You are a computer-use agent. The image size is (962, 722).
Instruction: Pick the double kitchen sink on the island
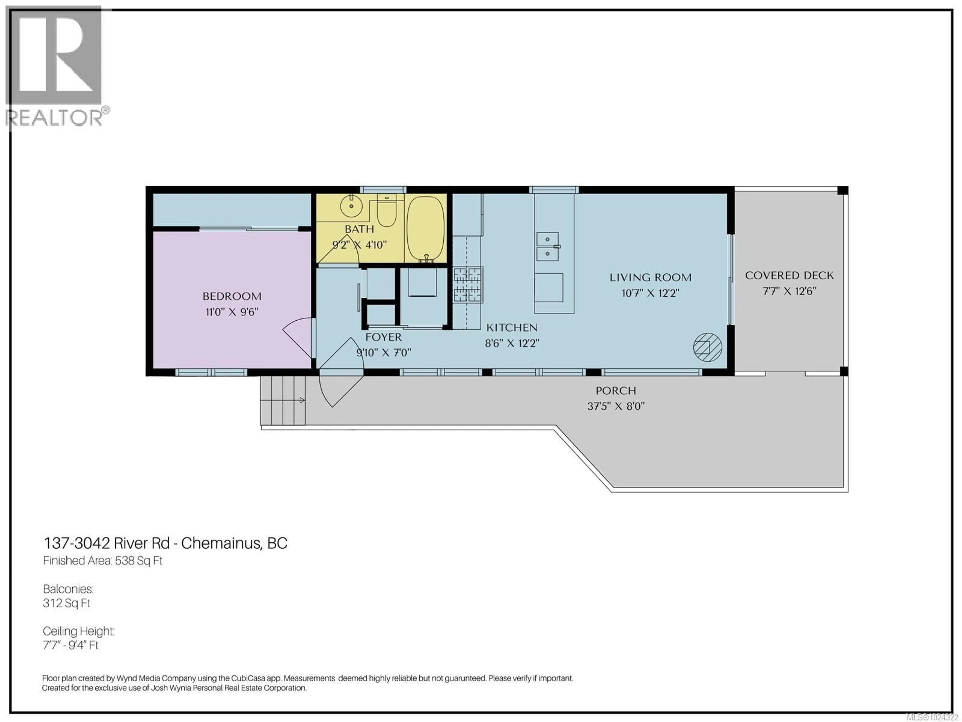[548, 246]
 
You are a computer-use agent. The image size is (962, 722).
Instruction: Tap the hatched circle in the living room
[707, 347]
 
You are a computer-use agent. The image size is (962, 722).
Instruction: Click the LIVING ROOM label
[650, 277]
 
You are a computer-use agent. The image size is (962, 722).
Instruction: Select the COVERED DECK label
[789, 276]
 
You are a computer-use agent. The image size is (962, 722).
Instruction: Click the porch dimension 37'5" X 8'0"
[616, 406]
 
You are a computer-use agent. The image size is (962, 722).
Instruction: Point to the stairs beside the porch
[283, 400]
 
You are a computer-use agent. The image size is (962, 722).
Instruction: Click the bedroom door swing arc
[299, 337]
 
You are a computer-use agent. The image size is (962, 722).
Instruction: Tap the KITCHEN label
[512, 327]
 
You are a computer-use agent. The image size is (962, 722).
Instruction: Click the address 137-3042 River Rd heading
[165, 543]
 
